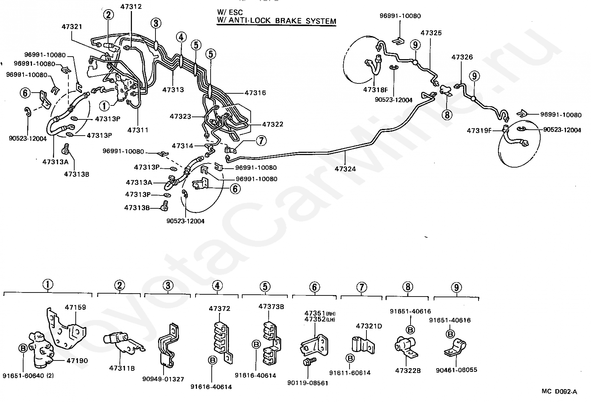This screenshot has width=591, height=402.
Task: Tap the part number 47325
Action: click(431, 33)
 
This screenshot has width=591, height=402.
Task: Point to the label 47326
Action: click(462, 57)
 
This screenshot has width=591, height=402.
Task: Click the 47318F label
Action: click(375, 90)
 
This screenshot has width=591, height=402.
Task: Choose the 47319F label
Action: click(479, 130)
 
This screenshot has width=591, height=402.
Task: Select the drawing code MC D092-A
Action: click(559, 392)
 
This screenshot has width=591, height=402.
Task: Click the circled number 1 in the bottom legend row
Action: click(47, 285)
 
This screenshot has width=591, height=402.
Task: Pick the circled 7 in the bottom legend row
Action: click(362, 287)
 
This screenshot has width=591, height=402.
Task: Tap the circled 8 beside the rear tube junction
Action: click(447, 115)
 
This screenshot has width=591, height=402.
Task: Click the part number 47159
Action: click(76, 307)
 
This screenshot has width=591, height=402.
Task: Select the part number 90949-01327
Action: click(163, 379)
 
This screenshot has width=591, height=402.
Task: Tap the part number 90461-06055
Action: click(456, 370)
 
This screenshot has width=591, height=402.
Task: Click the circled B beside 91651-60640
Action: click(23, 348)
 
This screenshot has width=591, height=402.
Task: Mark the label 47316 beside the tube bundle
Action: click(255, 93)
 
